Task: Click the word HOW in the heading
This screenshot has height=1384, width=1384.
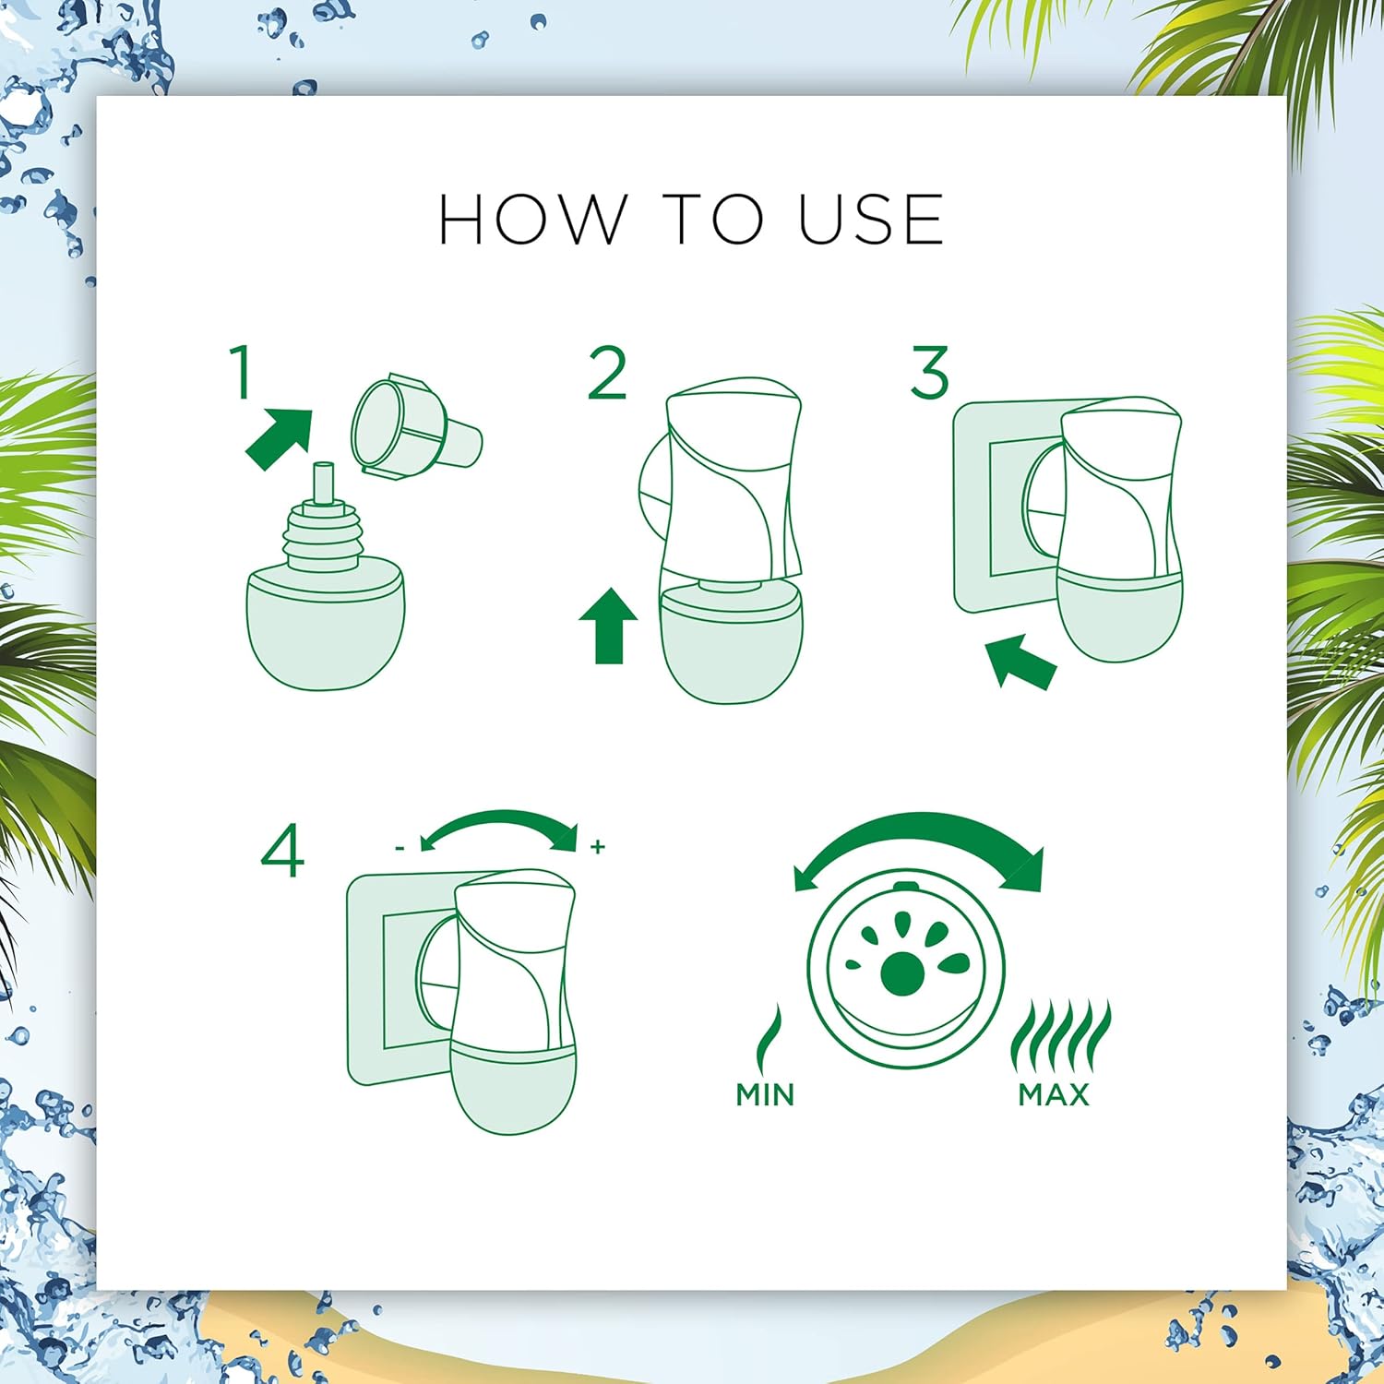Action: coord(530,220)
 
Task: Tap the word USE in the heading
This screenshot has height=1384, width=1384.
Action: coord(871,220)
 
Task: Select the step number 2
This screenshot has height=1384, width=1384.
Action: coord(607,373)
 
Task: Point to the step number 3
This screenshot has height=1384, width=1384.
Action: coord(929,373)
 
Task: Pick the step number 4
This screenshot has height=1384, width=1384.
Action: coord(282,851)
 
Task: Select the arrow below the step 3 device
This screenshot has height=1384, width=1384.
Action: coord(1020,661)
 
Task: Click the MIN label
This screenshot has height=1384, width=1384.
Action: coord(765,1094)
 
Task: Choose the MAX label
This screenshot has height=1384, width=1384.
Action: coord(1054,1094)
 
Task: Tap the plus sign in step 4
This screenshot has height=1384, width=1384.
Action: coord(598,846)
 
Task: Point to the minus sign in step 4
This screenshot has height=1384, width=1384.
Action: coord(400,847)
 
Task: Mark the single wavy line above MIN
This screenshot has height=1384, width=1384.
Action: coord(768,1038)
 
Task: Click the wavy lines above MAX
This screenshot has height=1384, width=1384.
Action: coord(1061,1035)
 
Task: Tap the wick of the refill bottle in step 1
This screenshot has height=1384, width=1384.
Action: coord(322,483)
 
